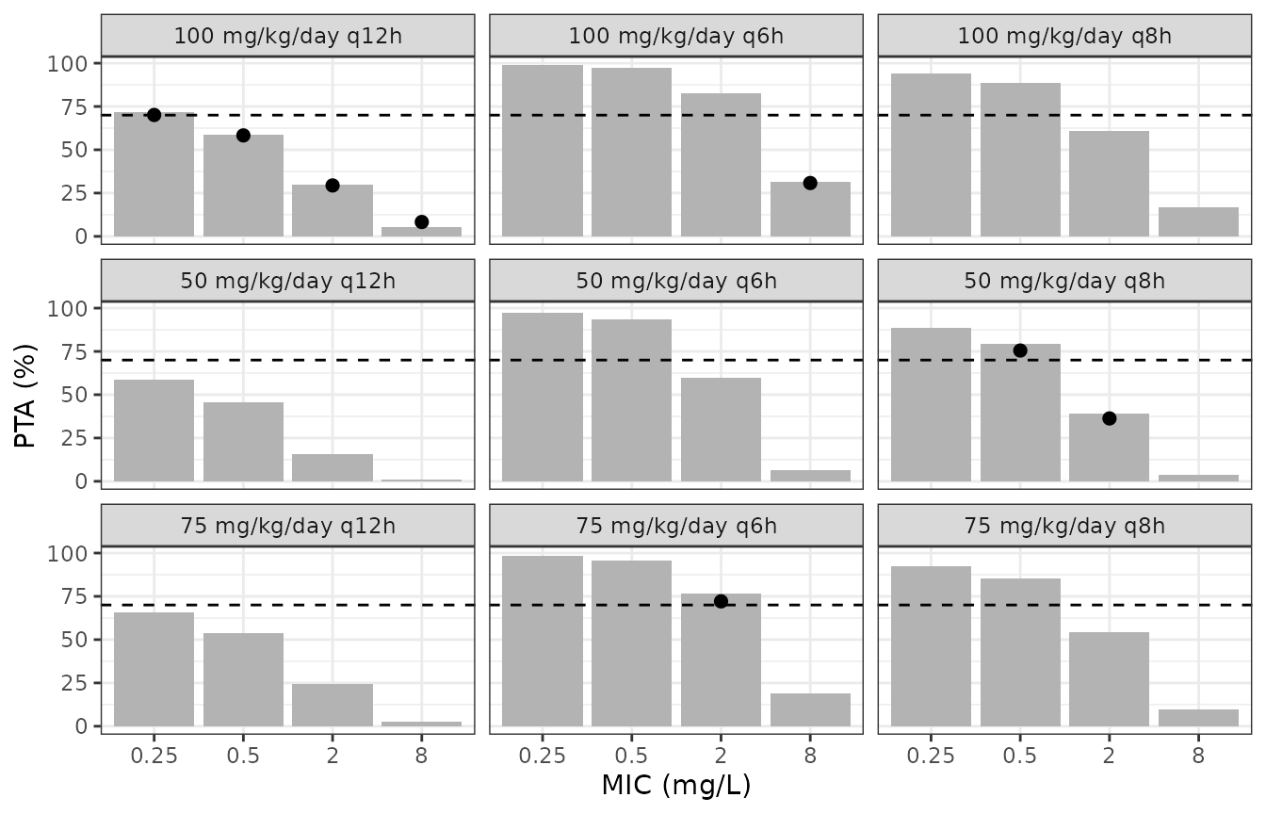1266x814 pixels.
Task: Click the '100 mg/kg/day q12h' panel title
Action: point(287,36)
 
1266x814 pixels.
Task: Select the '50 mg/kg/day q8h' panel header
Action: point(1064,281)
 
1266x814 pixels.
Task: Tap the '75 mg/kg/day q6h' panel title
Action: point(676,527)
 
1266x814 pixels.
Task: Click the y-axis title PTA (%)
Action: point(24,396)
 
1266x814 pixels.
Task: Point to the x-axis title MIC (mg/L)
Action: point(676,785)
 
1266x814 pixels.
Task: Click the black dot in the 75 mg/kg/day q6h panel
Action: point(721,601)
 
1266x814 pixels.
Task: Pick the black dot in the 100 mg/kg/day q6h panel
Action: point(810,183)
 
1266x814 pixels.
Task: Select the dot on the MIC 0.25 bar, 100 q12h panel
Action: point(154,115)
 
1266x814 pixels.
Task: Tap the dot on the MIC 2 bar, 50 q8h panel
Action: point(1109,419)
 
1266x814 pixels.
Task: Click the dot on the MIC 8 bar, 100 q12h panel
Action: point(421,222)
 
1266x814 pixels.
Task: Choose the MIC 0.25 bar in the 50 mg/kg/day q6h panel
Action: point(542,397)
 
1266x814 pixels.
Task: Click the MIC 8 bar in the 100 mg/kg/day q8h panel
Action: point(1198,221)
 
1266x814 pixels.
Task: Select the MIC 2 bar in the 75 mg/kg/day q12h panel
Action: point(333,705)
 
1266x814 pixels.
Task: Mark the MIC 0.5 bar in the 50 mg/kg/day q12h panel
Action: point(243,442)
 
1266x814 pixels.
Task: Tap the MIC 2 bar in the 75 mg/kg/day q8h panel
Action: point(1109,679)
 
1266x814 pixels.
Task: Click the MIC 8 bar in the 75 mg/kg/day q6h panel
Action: point(810,709)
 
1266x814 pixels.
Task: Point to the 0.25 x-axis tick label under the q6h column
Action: point(542,756)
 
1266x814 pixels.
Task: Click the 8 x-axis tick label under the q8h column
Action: point(1198,756)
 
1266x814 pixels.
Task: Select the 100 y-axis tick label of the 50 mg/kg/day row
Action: point(67,309)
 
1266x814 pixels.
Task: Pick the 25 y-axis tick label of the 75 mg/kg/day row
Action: point(74,683)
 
